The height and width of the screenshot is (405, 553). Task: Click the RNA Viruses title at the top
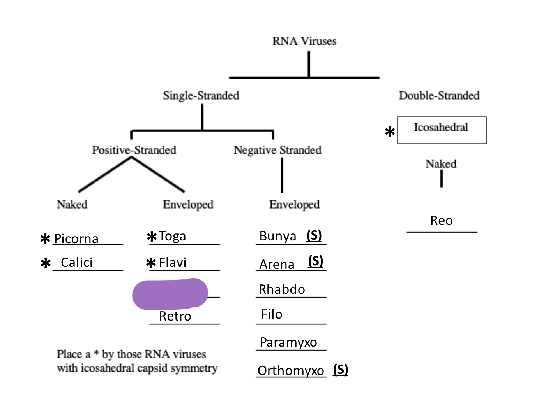[x=304, y=41]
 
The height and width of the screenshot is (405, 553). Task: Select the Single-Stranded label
[x=201, y=95]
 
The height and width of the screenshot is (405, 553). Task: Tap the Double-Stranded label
[x=439, y=95]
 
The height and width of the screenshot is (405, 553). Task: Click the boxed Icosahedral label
[x=441, y=128]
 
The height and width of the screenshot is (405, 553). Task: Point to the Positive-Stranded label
[x=134, y=150]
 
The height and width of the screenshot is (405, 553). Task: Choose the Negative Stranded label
[x=277, y=150]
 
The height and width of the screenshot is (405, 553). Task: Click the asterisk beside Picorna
[x=46, y=238]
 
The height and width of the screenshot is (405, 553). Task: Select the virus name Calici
[x=77, y=263]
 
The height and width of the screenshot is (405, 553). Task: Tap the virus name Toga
[x=172, y=236]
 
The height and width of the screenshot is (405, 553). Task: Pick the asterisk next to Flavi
[x=151, y=263]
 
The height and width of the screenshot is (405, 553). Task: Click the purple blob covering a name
[x=170, y=294]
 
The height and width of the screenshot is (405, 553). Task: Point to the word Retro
[x=175, y=316]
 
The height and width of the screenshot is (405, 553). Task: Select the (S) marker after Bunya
[x=314, y=235]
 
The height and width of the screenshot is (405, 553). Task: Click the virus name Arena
[x=277, y=265]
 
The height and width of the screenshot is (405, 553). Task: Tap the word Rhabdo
[x=282, y=289]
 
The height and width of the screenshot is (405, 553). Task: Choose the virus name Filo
[x=272, y=314]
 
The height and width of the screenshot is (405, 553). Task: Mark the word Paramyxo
[x=288, y=342]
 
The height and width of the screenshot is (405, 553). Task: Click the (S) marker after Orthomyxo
[x=341, y=370]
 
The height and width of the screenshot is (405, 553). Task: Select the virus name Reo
[x=441, y=221]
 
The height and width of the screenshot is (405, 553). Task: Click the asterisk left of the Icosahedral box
[x=390, y=132]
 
